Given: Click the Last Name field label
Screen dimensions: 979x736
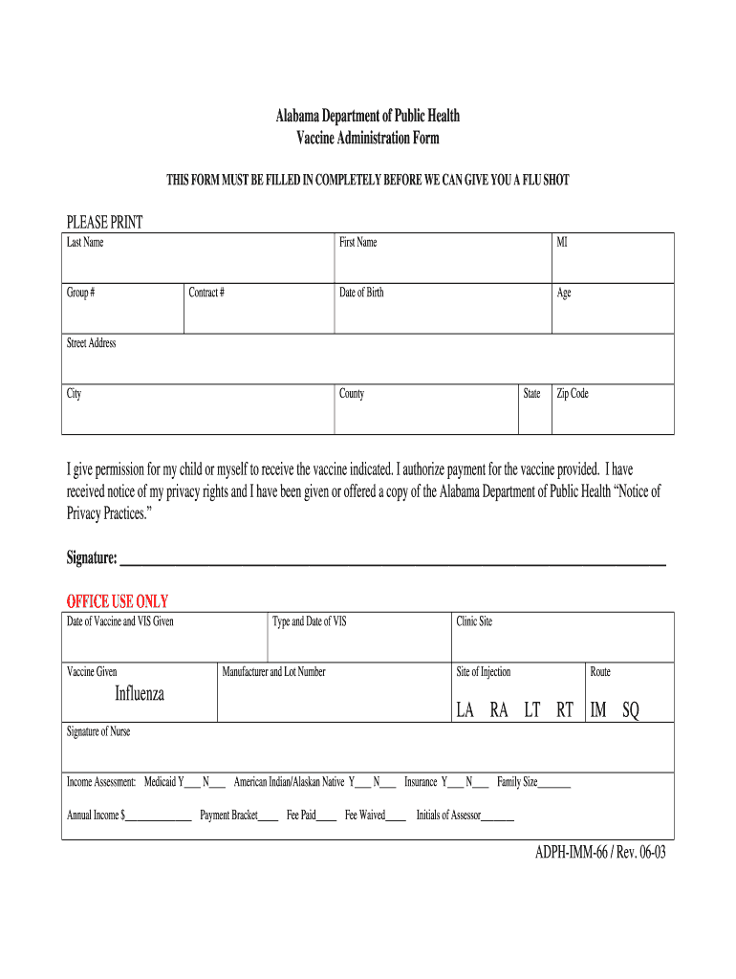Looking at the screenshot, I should tap(85, 243).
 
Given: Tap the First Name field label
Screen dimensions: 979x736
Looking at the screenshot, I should tap(358, 243).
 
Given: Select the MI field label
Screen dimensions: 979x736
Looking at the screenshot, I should tap(563, 243).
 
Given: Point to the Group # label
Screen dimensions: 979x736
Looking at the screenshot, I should tap(80, 293).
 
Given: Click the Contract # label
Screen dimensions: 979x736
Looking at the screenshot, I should tap(206, 293).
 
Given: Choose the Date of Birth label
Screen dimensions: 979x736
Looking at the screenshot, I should tap(361, 293).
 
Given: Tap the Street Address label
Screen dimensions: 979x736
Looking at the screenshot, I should tap(91, 343).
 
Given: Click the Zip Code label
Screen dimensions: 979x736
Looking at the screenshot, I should tap(573, 394).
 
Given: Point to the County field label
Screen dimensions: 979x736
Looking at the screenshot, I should tap(352, 394).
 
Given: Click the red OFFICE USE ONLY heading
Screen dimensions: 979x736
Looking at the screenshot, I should tap(117, 601).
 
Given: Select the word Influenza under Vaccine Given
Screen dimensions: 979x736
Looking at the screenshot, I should tap(140, 694).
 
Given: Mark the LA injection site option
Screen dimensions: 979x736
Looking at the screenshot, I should tap(465, 709).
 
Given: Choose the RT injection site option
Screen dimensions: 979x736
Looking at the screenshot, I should tap(565, 709).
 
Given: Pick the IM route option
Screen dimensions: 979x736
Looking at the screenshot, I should tap(598, 709).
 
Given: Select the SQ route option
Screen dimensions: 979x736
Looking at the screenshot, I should tap(630, 709).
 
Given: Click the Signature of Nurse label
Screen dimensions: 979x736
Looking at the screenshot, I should tap(98, 732).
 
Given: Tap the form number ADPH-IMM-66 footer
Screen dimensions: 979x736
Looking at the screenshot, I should tap(600, 854).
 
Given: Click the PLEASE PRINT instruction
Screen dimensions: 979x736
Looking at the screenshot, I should tap(104, 223).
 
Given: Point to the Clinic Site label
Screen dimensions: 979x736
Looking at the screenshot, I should tap(474, 622).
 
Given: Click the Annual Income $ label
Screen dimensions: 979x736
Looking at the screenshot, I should tap(97, 816).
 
